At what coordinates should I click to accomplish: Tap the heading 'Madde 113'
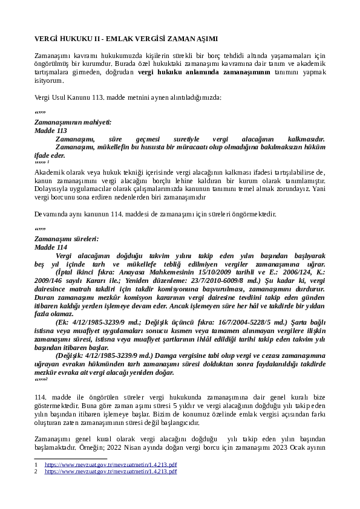[51, 131]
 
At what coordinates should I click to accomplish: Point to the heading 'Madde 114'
[51, 248]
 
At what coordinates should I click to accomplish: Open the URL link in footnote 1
[111, 464]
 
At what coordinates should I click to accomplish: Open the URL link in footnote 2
[111, 471]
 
